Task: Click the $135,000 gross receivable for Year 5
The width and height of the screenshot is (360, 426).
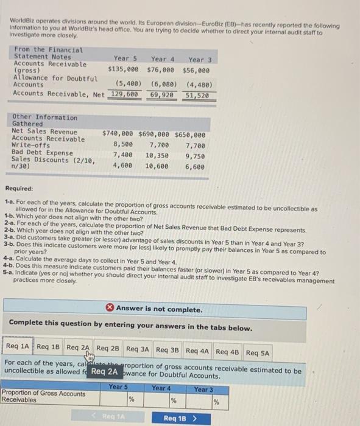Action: [x=124, y=69]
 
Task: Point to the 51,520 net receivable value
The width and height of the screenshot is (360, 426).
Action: [x=197, y=96]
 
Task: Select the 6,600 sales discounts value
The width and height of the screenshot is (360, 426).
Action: [x=194, y=165]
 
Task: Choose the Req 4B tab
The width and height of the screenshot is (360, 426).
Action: [x=228, y=351]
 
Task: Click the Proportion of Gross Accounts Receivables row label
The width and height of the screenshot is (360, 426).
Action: [x=44, y=397]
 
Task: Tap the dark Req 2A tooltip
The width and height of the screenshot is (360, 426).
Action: [x=106, y=371]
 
